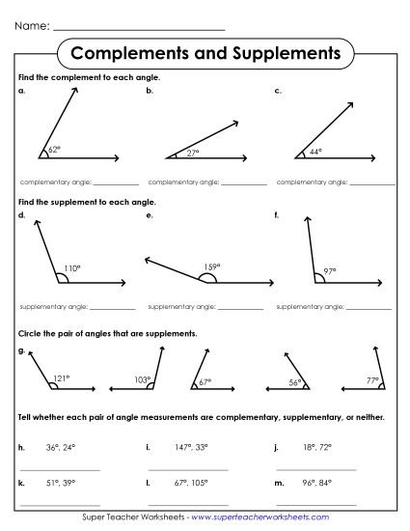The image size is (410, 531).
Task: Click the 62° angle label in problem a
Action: (x=54, y=151)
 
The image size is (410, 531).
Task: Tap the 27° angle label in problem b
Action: (x=192, y=152)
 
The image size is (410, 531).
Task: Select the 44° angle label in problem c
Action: (x=314, y=152)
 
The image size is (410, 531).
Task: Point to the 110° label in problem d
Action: (x=71, y=267)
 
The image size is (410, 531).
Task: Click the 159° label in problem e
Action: (x=211, y=266)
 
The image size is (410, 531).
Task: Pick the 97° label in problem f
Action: (x=330, y=271)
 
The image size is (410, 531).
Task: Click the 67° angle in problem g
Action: (x=205, y=383)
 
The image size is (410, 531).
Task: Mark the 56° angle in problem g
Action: (x=296, y=383)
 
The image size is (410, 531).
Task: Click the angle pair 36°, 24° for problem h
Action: (x=59, y=448)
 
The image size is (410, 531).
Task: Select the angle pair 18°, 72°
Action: (x=314, y=448)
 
